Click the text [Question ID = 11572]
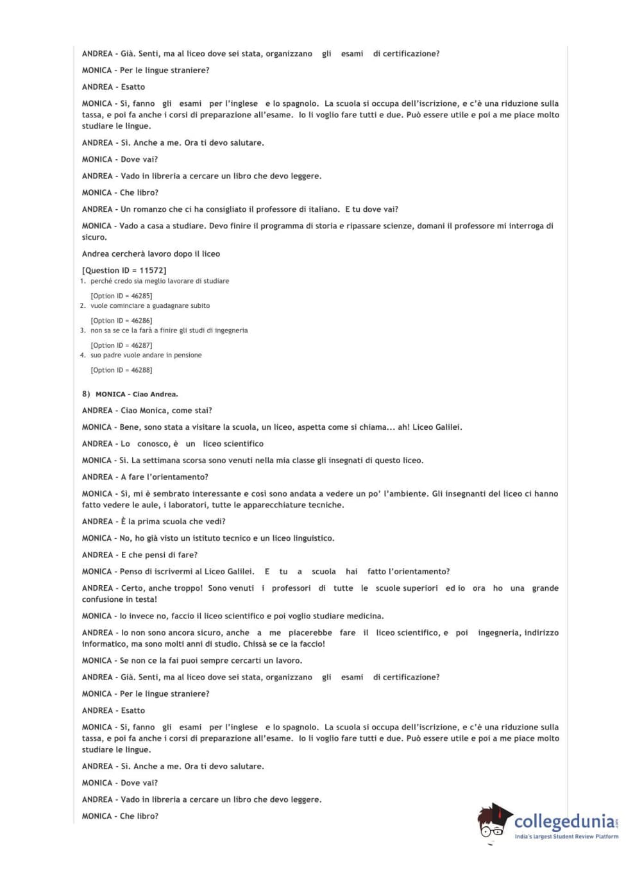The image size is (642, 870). tap(124, 271)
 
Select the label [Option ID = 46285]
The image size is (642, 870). tap(121, 296)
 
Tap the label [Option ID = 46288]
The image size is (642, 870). tap(121, 370)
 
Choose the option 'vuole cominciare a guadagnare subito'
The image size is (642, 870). tap(150, 306)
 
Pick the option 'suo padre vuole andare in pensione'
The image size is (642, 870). tap(146, 355)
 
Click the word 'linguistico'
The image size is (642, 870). tap(312, 538)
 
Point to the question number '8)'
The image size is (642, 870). tap(86, 394)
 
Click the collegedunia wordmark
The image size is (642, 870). tap(564, 822)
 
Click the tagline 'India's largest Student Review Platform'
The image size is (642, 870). tap(566, 837)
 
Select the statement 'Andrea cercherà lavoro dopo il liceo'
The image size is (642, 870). tap(151, 254)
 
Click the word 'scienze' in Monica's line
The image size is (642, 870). tap(400, 226)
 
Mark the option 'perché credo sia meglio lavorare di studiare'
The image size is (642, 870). tap(160, 281)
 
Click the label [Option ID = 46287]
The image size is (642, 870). tap(121, 345)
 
